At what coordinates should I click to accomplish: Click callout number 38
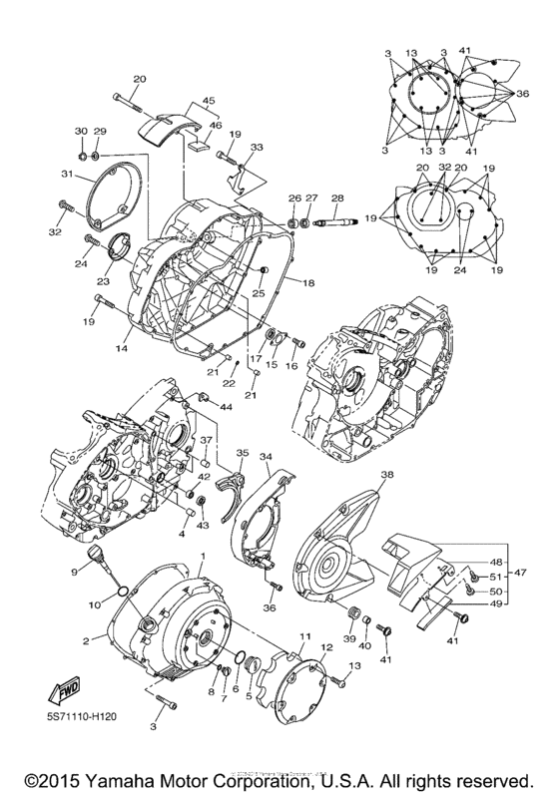(386, 476)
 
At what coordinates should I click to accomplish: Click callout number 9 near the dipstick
(73, 572)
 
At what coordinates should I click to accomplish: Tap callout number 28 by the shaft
(337, 199)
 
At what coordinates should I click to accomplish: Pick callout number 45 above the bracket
(208, 101)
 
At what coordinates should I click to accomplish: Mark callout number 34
(266, 457)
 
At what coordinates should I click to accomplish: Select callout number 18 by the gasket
(308, 284)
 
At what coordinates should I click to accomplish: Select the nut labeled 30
(81, 157)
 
